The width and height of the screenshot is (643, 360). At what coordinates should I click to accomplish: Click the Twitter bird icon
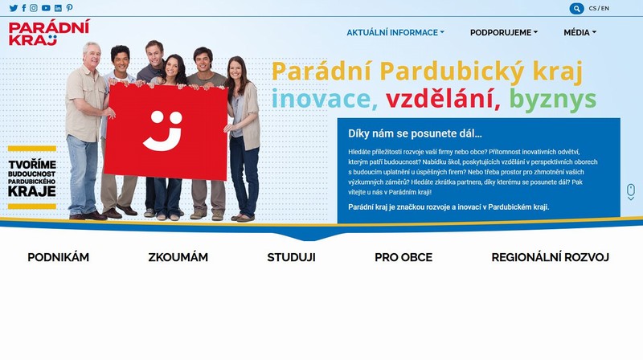click(x=14, y=8)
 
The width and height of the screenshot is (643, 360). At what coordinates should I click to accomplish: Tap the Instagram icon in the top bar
click(x=34, y=8)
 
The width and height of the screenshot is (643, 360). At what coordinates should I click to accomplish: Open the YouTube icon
click(x=46, y=8)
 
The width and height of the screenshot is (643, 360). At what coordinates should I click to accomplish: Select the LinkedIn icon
click(x=58, y=8)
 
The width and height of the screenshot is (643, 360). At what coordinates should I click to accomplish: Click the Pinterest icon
click(x=69, y=8)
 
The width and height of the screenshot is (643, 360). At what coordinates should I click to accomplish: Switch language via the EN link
click(x=605, y=8)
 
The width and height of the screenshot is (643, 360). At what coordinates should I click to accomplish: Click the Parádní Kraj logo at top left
click(x=49, y=32)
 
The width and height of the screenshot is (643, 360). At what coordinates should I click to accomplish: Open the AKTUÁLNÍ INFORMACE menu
click(x=395, y=32)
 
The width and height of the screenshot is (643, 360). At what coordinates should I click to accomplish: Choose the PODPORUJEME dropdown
click(x=504, y=32)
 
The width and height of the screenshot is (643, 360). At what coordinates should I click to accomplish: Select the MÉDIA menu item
click(x=580, y=32)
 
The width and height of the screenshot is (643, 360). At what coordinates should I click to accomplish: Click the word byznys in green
click(x=553, y=100)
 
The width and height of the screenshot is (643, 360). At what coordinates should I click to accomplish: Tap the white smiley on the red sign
click(x=163, y=130)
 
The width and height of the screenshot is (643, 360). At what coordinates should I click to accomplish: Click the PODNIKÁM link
click(x=58, y=257)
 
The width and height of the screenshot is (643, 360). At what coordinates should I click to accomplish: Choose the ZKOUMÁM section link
click(x=178, y=257)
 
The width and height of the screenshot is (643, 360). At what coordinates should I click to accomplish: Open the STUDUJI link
click(x=291, y=257)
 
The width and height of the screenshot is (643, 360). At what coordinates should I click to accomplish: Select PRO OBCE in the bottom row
click(x=403, y=257)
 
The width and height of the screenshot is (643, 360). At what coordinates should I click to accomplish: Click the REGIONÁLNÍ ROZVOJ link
click(x=551, y=257)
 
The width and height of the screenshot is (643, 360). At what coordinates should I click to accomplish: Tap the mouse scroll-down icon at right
click(x=631, y=192)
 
